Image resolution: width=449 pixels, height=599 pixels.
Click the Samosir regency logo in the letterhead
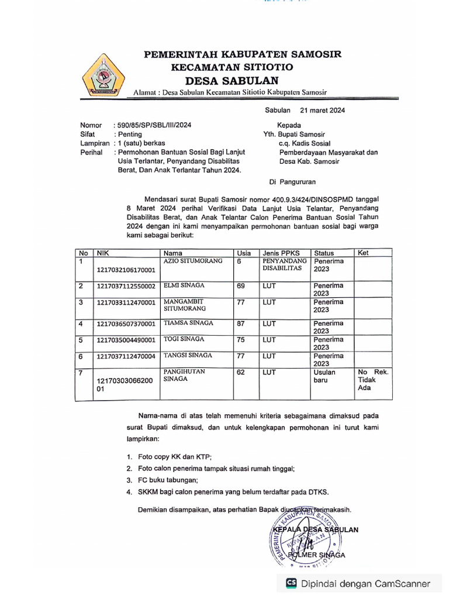(x=103, y=74)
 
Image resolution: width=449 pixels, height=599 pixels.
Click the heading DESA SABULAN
(x=232, y=80)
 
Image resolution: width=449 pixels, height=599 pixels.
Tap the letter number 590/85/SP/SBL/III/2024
(x=154, y=125)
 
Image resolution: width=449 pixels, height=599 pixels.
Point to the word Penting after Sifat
(x=130, y=134)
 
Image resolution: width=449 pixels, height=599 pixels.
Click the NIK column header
(x=103, y=253)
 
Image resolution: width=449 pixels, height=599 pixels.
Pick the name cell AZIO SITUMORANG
(x=193, y=261)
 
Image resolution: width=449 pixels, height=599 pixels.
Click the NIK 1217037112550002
(x=126, y=286)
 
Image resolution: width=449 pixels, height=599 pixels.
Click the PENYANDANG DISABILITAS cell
(x=285, y=264)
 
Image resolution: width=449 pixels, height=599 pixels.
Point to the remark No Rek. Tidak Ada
(x=372, y=380)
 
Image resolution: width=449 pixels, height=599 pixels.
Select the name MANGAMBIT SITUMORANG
(x=185, y=304)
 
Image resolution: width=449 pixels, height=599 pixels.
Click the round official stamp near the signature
(x=307, y=538)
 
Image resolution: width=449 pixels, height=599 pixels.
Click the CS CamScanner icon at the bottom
(x=291, y=583)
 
